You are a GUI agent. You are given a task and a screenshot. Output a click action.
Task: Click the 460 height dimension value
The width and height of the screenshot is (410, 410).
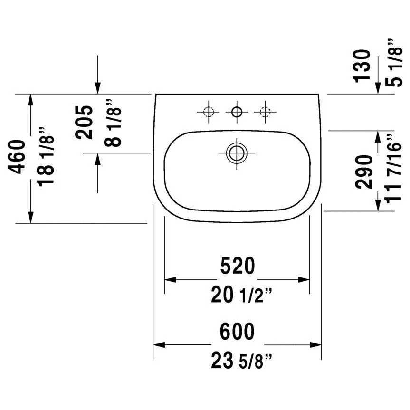tap(17, 157)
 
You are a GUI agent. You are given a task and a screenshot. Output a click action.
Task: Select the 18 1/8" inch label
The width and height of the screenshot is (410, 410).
tap(46, 157)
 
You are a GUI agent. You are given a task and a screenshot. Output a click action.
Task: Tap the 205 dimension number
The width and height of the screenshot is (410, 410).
tap(84, 122)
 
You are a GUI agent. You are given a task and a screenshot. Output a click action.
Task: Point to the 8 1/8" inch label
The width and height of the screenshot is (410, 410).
tap(113, 123)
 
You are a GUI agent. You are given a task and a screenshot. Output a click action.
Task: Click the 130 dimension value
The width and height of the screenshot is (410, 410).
tap(362, 66)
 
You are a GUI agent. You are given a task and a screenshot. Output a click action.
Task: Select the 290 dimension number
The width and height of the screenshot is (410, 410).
tap(363, 172)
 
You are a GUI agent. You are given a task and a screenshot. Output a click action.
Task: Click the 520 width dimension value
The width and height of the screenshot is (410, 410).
tap(238, 266)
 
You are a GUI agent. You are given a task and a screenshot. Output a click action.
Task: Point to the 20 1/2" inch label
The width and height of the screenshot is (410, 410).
tap(242, 295)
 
